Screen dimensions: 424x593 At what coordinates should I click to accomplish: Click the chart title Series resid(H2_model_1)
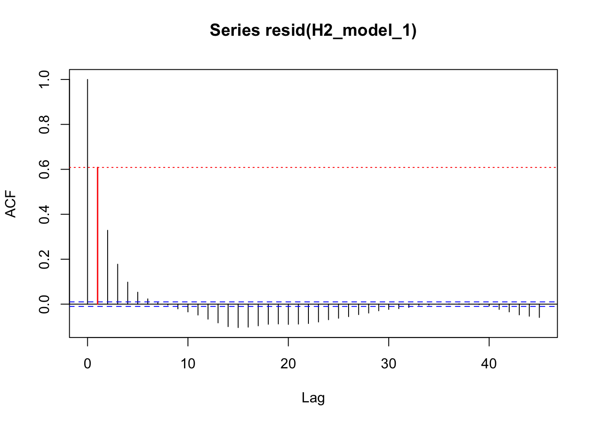tap(313, 30)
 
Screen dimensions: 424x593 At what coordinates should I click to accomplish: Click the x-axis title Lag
tap(313, 398)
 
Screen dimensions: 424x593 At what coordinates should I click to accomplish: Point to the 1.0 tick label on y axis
tap(45, 79)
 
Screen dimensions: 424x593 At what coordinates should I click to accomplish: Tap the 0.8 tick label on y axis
tap(45, 125)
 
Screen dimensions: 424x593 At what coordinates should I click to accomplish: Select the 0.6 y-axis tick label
tap(45, 169)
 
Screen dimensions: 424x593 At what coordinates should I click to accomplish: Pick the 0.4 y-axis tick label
tap(45, 214)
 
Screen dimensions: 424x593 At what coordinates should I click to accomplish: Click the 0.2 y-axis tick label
tap(45, 259)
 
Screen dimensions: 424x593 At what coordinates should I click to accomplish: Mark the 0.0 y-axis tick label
tap(45, 304)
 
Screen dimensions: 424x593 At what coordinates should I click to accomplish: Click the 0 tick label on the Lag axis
tap(87, 364)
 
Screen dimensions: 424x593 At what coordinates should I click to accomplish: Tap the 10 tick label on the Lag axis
tap(188, 364)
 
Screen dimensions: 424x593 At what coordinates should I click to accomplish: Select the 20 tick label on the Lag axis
tap(288, 364)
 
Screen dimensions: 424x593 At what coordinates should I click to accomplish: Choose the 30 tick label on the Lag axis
tap(389, 364)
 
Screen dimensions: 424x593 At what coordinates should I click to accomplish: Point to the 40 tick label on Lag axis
tap(489, 364)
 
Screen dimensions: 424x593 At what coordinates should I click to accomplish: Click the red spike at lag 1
tap(98, 234)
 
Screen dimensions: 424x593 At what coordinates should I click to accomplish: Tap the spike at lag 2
tap(108, 265)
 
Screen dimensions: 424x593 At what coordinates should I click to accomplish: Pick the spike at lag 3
tap(118, 283)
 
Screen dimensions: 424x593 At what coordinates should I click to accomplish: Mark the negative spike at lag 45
tap(539, 311)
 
